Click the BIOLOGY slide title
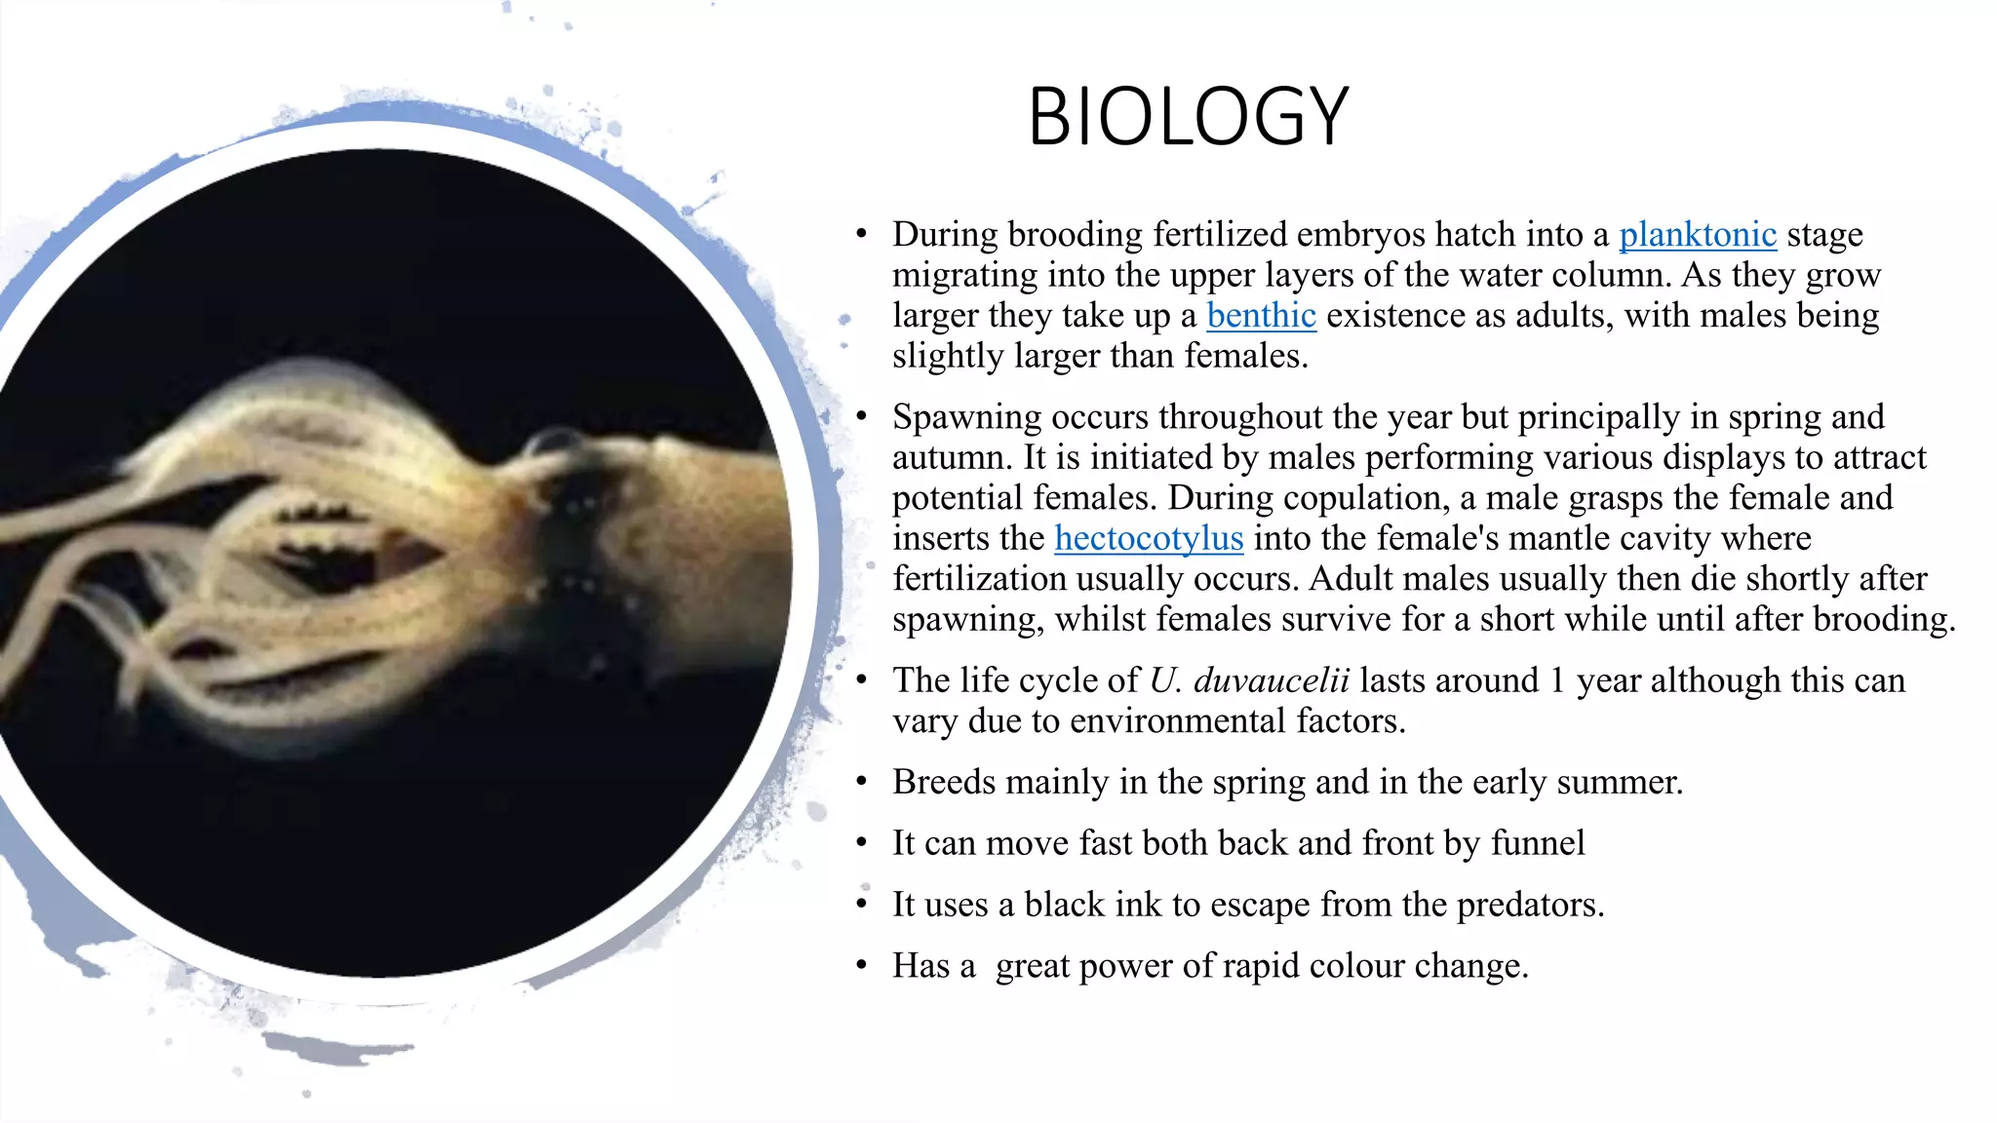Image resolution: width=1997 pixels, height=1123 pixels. (x=1188, y=117)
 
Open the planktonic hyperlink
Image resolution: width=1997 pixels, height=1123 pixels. (x=1697, y=235)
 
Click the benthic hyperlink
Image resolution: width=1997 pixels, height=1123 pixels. (x=1261, y=316)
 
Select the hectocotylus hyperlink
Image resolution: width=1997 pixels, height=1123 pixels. (x=1149, y=538)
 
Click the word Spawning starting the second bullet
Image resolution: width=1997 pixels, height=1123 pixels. (x=966, y=417)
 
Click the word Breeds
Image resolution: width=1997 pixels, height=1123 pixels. (x=943, y=782)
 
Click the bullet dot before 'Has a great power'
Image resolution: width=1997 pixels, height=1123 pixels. (x=861, y=966)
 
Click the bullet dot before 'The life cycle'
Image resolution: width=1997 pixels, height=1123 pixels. (x=861, y=680)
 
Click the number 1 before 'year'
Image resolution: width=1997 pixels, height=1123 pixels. (x=1557, y=680)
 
